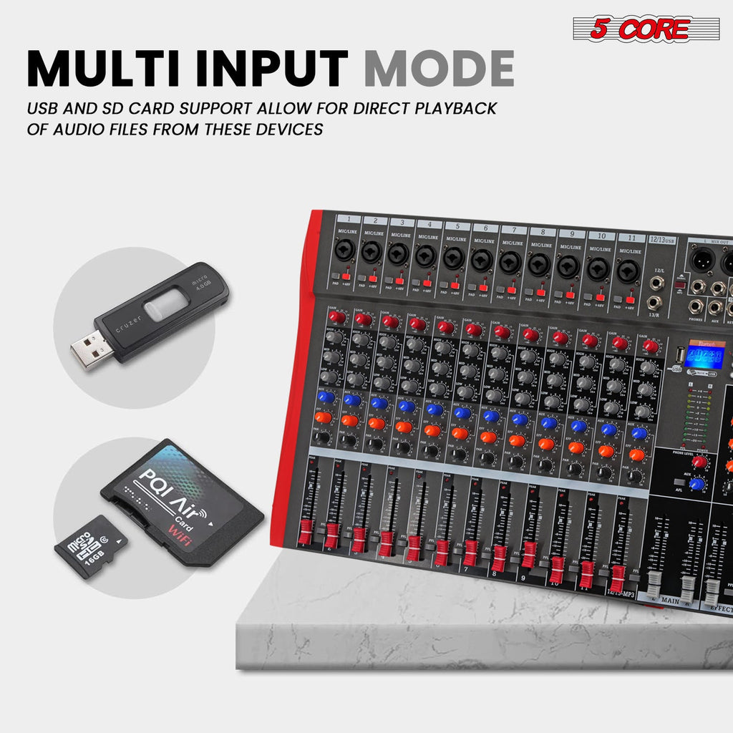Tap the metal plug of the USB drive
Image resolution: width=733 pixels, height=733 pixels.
coord(92,349)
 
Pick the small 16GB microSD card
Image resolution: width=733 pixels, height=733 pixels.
coord(92,547)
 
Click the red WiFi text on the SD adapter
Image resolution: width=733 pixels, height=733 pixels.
coord(179,535)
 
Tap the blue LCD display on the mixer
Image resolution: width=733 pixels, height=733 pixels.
coord(704,354)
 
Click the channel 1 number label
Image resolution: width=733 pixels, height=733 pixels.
coord(349,219)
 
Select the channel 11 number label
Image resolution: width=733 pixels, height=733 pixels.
coord(631,237)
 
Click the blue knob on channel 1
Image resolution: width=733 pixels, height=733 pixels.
coord(326,397)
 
